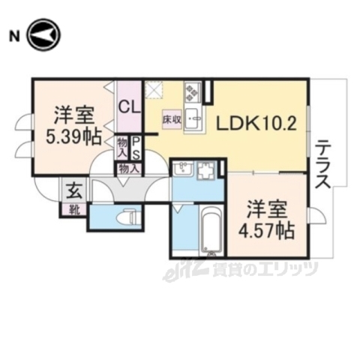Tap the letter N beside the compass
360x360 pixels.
(13, 36)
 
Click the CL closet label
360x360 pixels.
(127, 106)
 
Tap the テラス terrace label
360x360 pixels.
(323, 164)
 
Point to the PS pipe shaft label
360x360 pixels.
(136, 146)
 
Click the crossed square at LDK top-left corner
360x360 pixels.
(154, 90)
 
